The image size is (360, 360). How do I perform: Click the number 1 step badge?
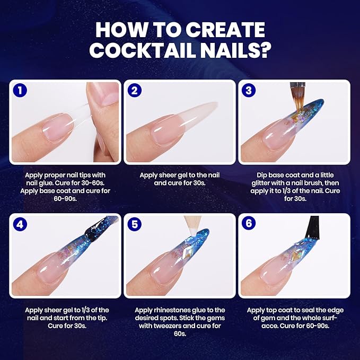tap(20, 90)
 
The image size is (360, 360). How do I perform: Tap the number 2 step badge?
tap(134, 90)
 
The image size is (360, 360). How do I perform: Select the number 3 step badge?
tap(249, 90)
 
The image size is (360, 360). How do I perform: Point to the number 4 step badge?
tap(20, 224)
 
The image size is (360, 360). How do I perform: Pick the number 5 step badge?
tap(134, 224)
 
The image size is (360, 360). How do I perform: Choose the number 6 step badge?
tap(249, 223)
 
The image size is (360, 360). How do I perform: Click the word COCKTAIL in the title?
tap(144, 50)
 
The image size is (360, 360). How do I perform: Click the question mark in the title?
tap(265, 49)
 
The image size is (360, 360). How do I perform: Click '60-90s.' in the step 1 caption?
tap(65, 199)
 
